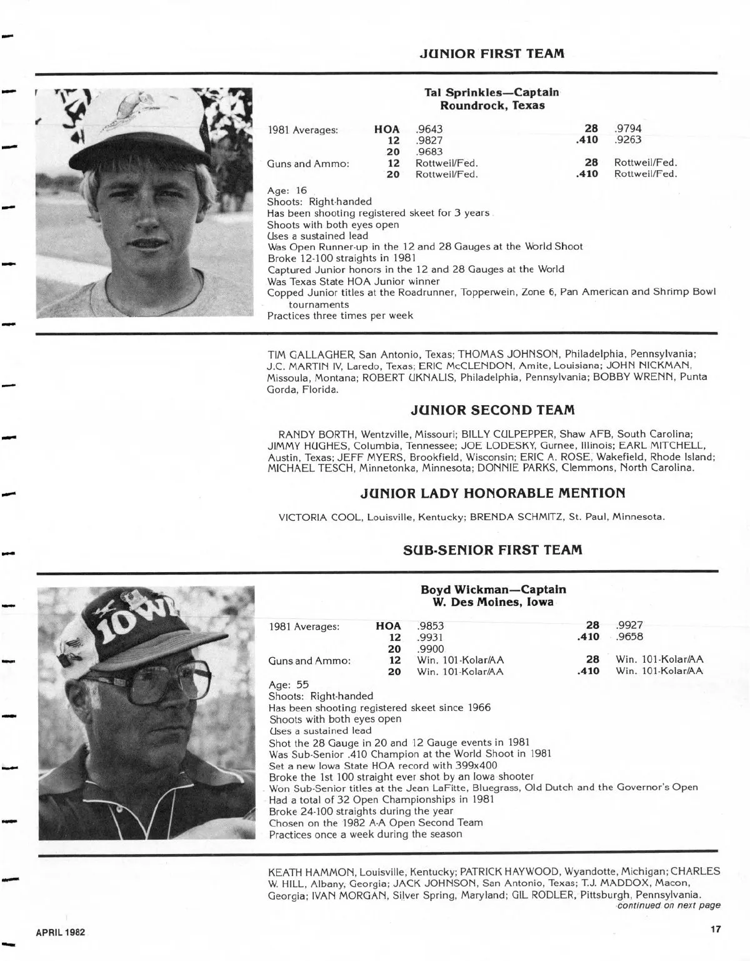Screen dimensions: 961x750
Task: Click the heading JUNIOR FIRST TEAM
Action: [x=492, y=54]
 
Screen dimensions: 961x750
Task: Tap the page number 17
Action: [x=716, y=929]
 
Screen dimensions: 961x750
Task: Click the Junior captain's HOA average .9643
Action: [x=429, y=129]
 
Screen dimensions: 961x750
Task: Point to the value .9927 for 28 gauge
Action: [x=629, y=625]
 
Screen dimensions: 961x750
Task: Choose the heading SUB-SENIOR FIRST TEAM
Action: [x=493, y=550]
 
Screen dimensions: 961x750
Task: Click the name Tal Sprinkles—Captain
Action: [x=492, y=93]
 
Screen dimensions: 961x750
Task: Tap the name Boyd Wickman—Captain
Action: [x=493, y=590]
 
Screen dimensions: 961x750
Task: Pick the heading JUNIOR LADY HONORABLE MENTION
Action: [x=493, y=493]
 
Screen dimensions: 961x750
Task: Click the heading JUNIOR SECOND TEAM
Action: [x=493, y=411]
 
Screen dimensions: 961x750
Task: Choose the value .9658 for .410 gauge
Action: [x=629, y=636]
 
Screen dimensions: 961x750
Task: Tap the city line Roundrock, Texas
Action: [x=492, y=105]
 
